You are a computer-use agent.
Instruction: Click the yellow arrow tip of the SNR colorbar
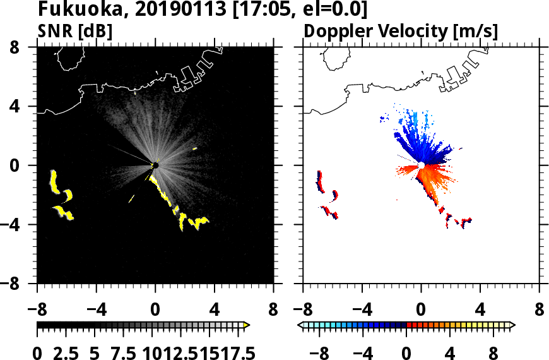click(247, 325)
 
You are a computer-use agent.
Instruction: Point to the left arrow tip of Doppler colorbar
click(300, 325)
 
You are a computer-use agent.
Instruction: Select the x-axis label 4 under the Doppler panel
click(480, 311)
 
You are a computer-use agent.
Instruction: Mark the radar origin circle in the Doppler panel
click(421, 165)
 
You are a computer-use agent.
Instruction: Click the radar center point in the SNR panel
click(155, 165)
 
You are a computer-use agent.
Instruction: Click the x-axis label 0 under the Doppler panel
click(421, 311)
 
